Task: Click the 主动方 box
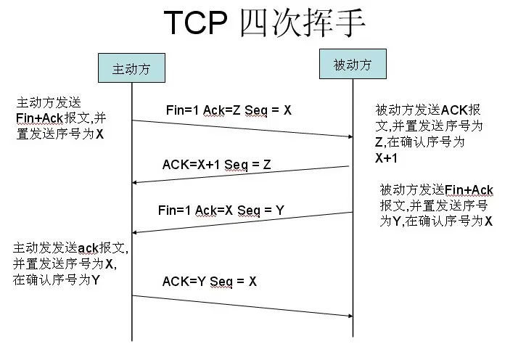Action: pyautogui.click(x=131, y=67)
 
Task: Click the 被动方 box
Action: pyautogui.click(x=353, y=64)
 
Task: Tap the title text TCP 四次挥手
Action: pyautogui.click(x=264, y=23)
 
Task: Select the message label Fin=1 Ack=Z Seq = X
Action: pyautogui.click(x=229, y=110)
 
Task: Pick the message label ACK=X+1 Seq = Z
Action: pyautogui.click(x=216, y=165)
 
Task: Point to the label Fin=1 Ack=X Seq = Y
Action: pyautogui.click(x=221, y=210)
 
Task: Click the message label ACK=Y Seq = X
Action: pyautogui.click(x=210, y=282)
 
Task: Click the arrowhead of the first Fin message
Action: pyautogui.click(x=350, y=136)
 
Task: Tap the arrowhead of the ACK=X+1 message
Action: pyautogui.click(x=134, y=182)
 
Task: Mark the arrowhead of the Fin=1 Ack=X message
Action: pyautogui.click(x=134, y=232)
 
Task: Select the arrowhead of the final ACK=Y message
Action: pyautogui.click(x=350, y=316)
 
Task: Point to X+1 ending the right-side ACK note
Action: pyautogui.click(x=387, y=158)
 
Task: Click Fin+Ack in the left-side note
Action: pyautogui.click(x=40, y=118)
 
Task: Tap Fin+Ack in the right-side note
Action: pyautogui.click(x=469, y=190)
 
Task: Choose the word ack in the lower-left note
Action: pyautogui.click(x=89, y=248)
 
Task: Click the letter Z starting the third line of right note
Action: pyautogui.click(x=379, y=142)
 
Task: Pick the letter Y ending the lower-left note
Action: pyautogui.click(x=96, y=280)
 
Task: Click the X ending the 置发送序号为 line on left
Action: pyautogui.click(x=99, y=134)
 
